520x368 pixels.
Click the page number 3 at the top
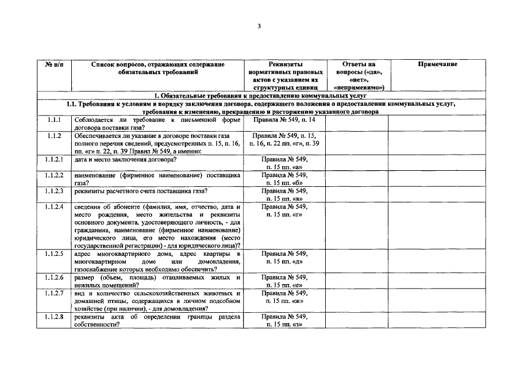(x=259, y=26)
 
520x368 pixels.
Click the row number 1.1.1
(x=55, y=120)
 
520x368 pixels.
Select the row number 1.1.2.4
(x=55, y=206)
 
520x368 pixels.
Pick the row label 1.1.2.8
(x=55, y=317)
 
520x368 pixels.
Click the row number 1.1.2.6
(x=55, y=277)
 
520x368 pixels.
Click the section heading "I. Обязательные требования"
(x=259, y=95)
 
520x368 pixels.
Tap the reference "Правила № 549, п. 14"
(x=285, y=120)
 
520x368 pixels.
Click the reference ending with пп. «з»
(x=285, y=321)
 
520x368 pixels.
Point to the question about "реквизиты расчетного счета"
(x=141, y=191)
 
